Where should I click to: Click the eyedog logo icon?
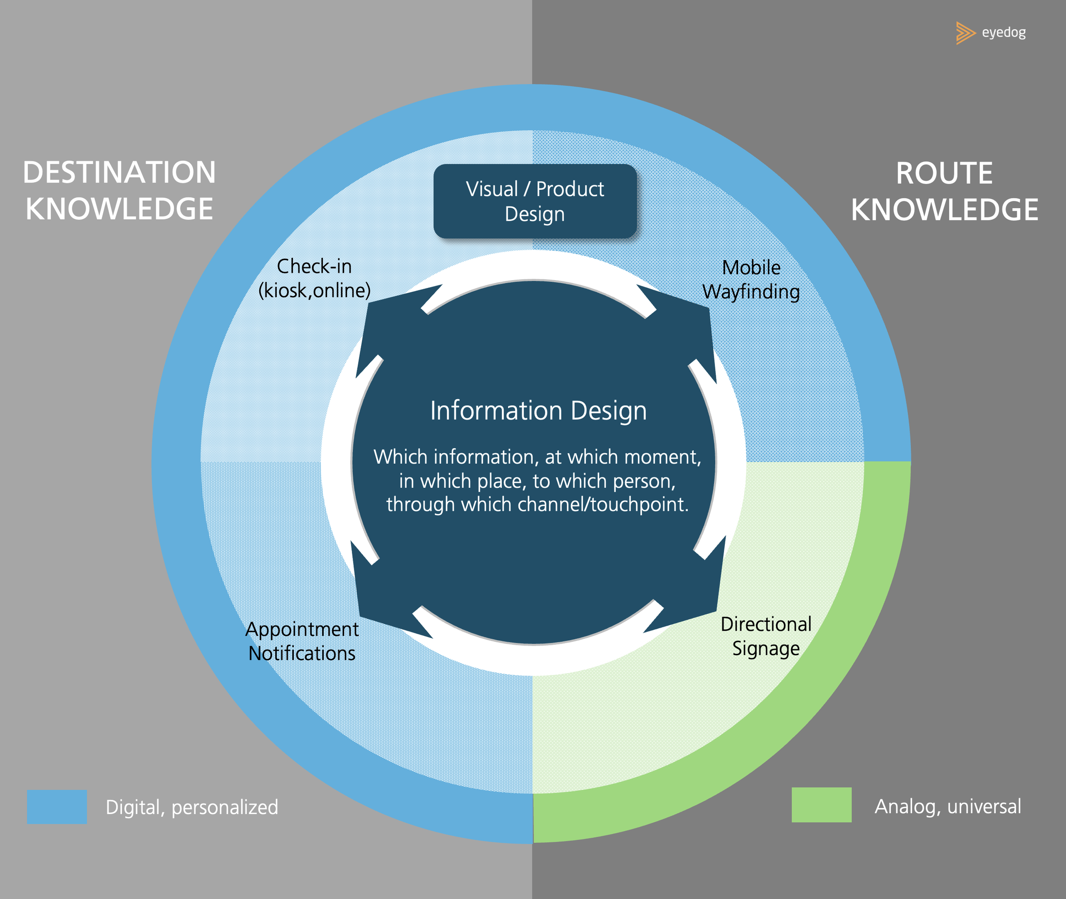965,33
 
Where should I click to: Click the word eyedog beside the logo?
1003,32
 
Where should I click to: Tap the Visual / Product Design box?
535,201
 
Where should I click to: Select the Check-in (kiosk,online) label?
314,278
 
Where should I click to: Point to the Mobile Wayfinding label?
750,279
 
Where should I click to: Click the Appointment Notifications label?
302,641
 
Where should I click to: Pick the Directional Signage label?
766,636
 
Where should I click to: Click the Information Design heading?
538,411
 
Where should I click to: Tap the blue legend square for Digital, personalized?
57,807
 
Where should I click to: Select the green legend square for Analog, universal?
821,805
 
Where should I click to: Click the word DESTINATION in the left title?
119,172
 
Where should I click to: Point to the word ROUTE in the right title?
944,173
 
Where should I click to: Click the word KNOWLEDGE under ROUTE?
944,209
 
